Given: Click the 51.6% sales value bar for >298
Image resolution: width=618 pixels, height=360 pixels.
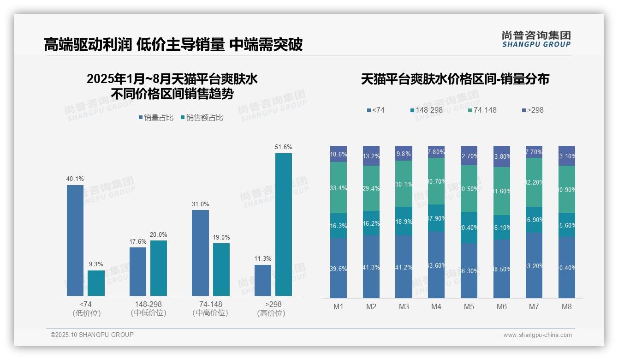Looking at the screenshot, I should [283, 224].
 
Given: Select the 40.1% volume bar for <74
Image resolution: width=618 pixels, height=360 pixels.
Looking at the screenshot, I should [75, 240].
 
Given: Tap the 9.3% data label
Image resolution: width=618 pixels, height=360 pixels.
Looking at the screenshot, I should [96, 264].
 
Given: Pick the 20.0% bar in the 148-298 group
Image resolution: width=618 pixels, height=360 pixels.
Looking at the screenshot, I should [159, 268].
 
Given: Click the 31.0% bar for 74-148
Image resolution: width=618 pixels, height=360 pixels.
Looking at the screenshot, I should [200, 252].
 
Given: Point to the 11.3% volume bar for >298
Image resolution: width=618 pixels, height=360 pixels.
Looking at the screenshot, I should [263, 280].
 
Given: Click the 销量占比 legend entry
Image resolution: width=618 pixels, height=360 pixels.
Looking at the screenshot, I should [156, 118].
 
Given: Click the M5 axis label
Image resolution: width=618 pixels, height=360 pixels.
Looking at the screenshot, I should [469, 307].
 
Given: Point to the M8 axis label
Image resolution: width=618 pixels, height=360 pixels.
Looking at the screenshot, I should [567, 307].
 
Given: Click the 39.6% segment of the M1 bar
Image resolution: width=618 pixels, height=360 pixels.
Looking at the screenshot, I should [339, 268].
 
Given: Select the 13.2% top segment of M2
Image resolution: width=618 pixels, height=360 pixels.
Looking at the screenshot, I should [371, 156].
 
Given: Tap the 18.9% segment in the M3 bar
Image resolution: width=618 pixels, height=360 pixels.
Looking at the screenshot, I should [404, 221].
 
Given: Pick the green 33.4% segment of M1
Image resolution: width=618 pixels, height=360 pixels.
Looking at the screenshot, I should [339, 187].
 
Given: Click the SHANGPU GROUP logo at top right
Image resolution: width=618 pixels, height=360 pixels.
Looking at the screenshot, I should [536, 39].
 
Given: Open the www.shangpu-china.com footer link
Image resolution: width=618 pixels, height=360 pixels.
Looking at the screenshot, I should [537, 335].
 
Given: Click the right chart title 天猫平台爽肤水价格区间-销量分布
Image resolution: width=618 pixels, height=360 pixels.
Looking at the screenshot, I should [455, 79].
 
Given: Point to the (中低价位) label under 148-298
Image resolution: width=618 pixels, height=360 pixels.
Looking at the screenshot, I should [148, 313].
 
